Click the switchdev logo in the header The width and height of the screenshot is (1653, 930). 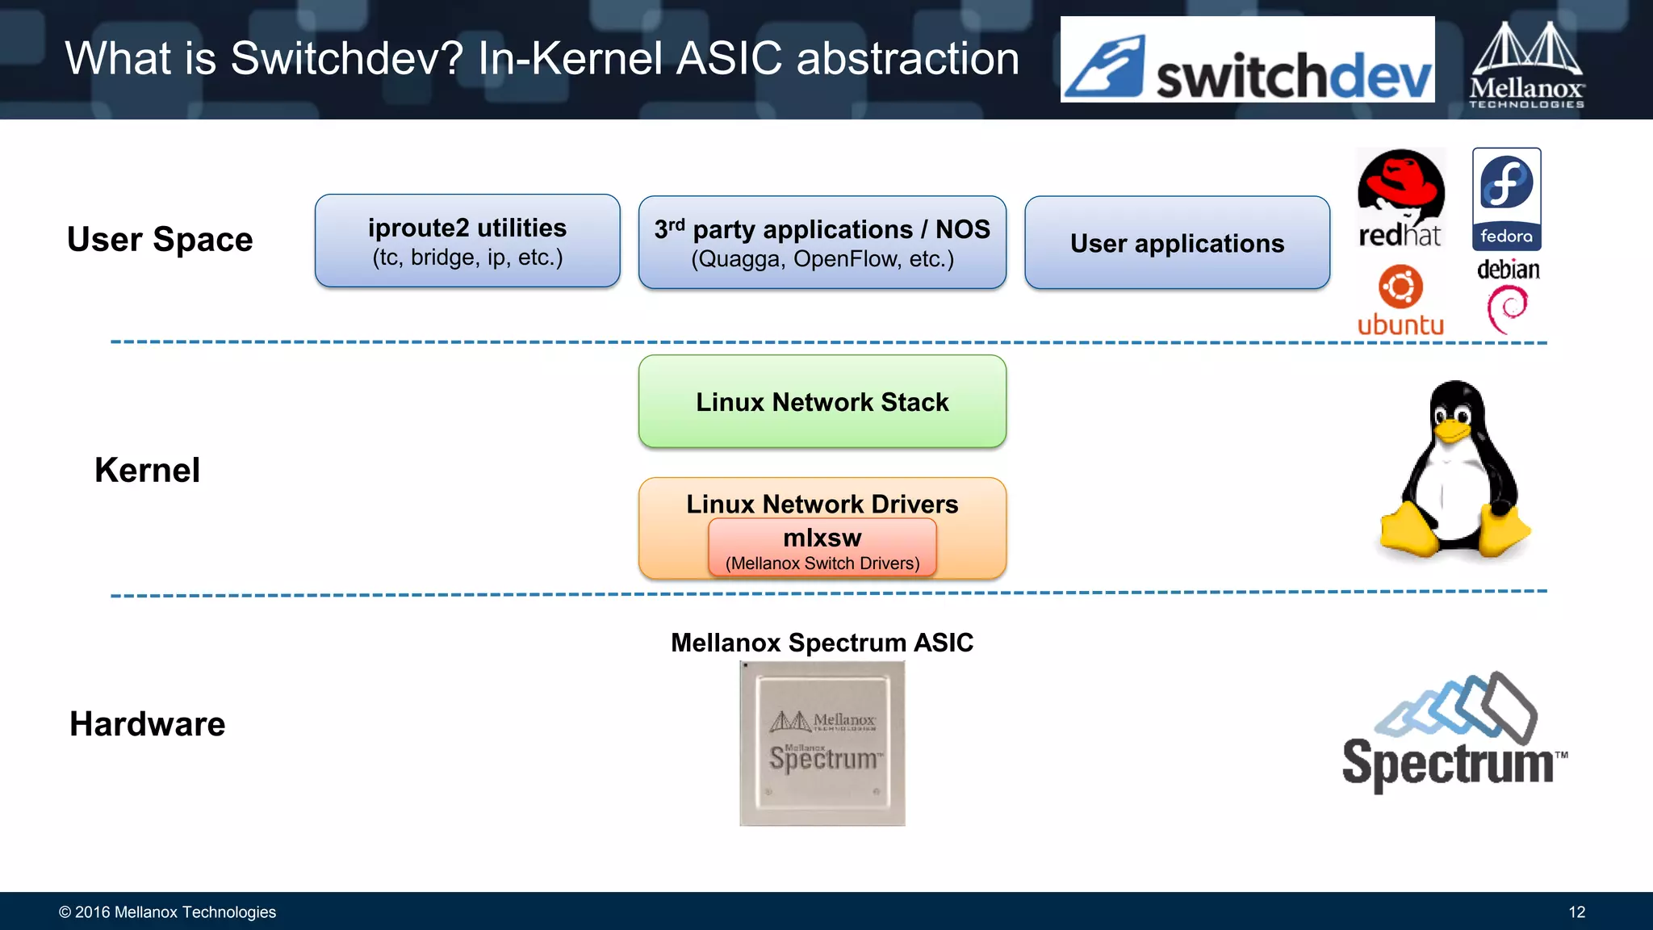[x=1247, y=60]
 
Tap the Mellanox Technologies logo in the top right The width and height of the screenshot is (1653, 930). [x=1525, y=65]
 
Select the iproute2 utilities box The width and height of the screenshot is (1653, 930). [x=467, y=241]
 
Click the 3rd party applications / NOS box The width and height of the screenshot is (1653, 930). [x=822, y=242]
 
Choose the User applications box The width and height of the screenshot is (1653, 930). [x=1177, y=242]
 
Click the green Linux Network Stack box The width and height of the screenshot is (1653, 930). [x=822, y=401]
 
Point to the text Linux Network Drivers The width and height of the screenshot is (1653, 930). [x=822, y=504]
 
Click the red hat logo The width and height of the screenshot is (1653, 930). [x=1400, y=198]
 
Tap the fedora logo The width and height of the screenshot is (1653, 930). [x=1506, y=199]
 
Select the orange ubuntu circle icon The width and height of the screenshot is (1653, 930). [x=1400, y=287]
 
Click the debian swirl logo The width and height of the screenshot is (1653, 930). [x=1507, y=308]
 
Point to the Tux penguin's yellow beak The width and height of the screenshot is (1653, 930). [x=1451, y=430]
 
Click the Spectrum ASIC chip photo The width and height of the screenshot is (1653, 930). [x=822, y=743]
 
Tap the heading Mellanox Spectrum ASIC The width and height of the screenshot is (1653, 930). [x=822, y=643]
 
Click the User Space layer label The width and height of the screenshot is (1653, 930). [x=160, y=240]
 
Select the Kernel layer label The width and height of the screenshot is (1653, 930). [x=147, y=470]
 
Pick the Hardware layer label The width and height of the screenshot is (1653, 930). [x=147, y=724]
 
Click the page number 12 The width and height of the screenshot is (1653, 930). [x=1576, y=912]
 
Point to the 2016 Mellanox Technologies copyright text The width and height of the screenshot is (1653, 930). [x=167, y=912]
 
